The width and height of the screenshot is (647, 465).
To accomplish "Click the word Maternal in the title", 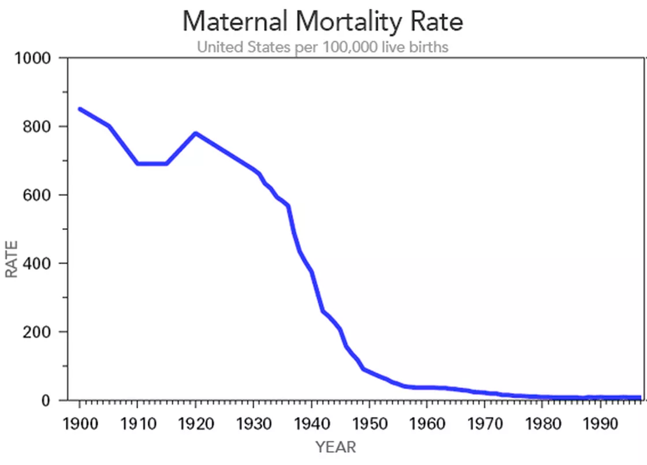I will [231, 21].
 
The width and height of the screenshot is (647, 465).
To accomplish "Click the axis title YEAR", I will [336, 447].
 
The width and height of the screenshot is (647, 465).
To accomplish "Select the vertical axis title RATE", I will [12, 259].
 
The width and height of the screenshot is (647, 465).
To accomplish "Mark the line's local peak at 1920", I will [196, 133].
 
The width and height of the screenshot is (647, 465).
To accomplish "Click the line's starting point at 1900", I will [80, 109].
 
